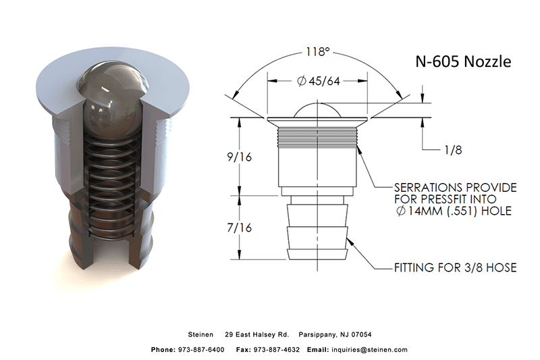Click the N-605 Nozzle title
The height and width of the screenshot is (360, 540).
(x=462, y=62)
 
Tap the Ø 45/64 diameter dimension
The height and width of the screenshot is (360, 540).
(x=318, y=81)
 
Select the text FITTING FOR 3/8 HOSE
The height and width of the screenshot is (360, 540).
(x=455, y=268)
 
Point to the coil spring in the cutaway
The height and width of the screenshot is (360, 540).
(x=113, y=176)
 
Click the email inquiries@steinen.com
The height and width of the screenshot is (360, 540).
(x=369, y=350)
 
